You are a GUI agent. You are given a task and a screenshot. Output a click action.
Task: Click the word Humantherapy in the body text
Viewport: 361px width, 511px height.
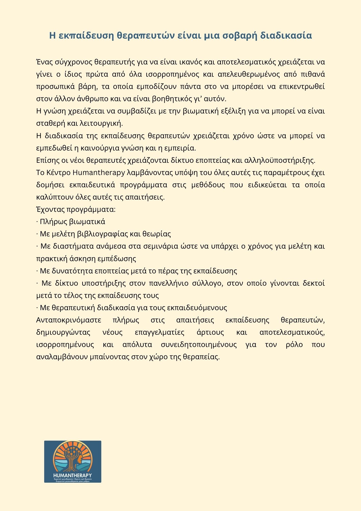[x=99, y=172]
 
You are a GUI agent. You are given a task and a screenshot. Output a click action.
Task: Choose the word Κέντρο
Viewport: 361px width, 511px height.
[x=58, y=172]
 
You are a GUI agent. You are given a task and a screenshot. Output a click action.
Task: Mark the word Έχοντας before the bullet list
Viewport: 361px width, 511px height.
[x=50, y=210]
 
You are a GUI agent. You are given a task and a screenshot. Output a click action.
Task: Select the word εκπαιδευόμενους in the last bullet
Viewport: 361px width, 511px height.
[x=197, y=308]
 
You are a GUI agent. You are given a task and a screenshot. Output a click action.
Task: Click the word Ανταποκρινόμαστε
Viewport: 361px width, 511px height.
[x=69, y=320]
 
